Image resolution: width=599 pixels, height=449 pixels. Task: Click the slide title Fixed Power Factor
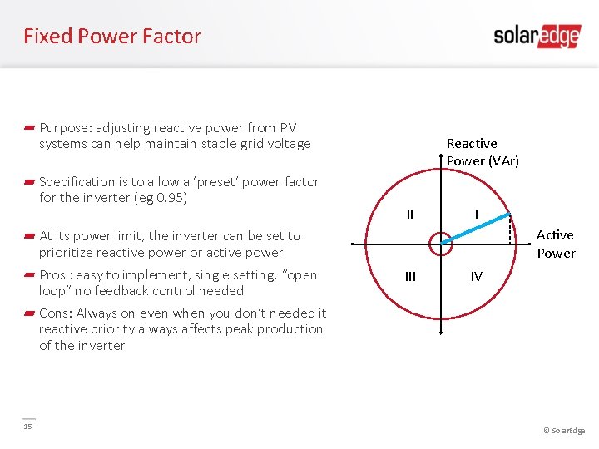click(112, 37)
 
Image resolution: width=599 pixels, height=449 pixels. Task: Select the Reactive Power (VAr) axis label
click(482, 152)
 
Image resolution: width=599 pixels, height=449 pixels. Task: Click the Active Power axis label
click(555, 244)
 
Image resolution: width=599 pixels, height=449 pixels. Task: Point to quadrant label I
click(475, 215)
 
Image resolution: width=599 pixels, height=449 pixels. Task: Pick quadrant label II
click(409, 215)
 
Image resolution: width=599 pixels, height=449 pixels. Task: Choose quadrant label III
click(409, 277)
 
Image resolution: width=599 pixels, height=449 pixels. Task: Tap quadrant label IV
click(476, 277)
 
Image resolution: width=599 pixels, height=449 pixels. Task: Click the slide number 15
click(27, 427)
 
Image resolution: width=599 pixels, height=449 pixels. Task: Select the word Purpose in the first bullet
click(65, 128)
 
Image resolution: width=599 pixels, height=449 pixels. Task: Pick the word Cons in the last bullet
click(54, 313)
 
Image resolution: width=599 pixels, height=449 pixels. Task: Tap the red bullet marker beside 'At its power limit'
click(28, 236)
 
